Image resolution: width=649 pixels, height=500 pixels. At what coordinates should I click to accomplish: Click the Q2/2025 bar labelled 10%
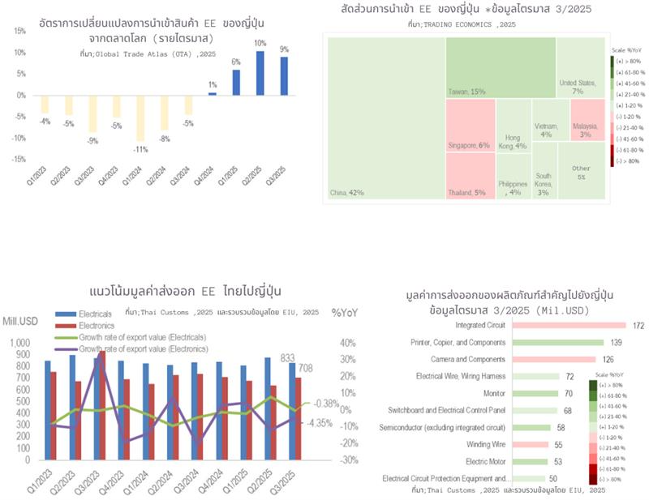pos(260,73)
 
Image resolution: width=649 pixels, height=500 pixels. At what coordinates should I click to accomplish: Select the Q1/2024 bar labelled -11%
pos(141,118)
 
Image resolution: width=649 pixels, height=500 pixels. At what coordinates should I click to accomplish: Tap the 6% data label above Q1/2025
pos(236,62)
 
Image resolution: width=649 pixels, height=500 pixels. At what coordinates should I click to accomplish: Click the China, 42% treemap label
pos(347,193)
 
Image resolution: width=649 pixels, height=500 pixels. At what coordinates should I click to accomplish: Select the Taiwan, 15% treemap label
pos(469,92)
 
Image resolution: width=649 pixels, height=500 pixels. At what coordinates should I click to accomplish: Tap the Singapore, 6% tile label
pos(470,146)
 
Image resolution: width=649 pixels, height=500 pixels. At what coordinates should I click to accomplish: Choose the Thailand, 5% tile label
pos(469,193)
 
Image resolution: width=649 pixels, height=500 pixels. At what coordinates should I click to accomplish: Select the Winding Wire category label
pos(486,444)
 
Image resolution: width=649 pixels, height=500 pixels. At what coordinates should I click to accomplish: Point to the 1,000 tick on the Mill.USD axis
pos(19,344)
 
